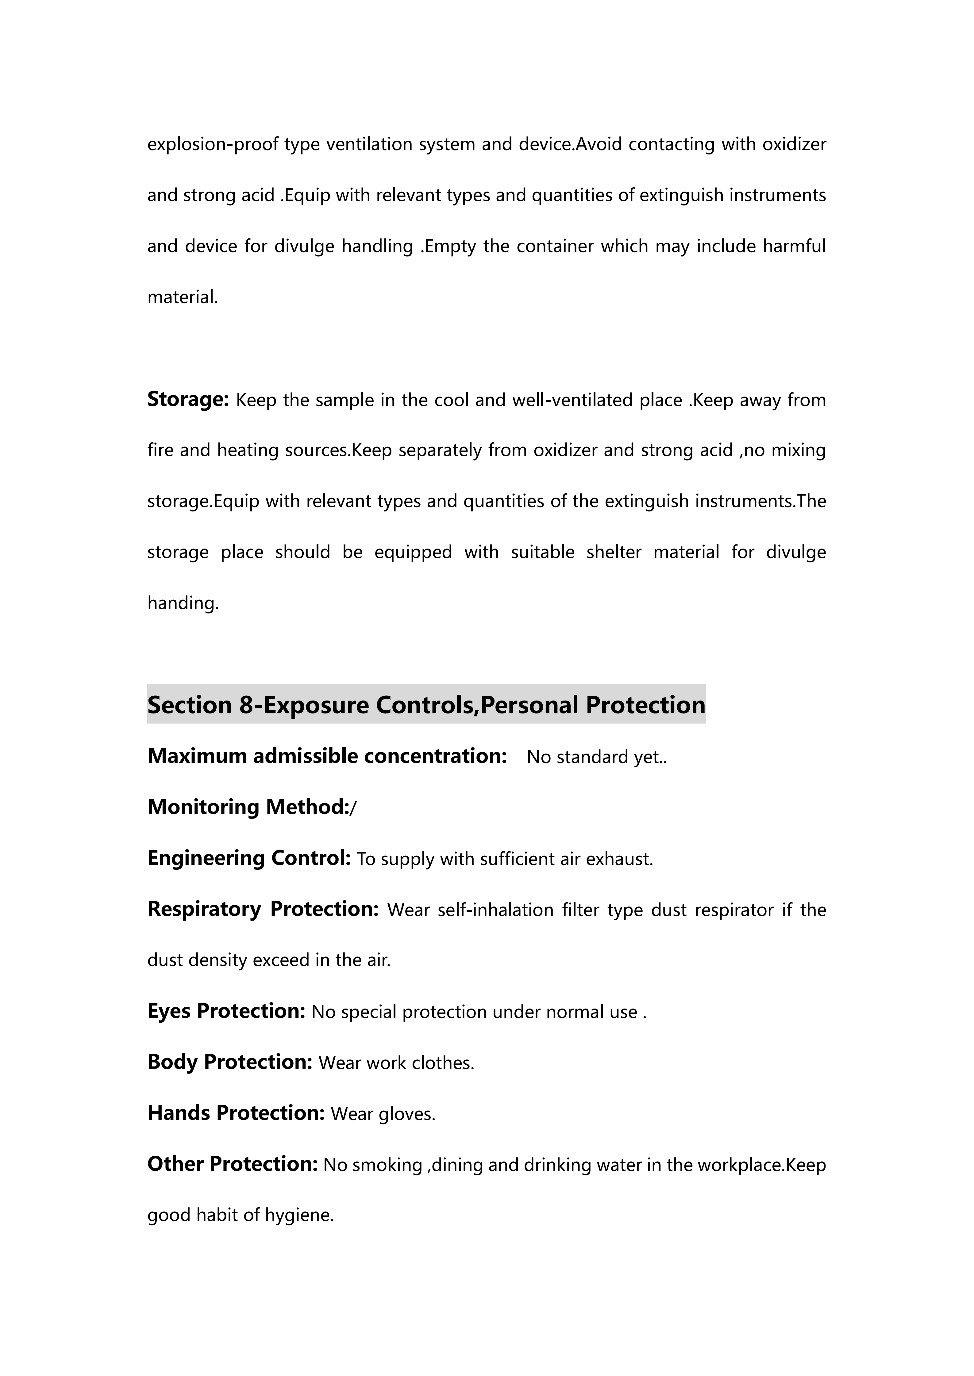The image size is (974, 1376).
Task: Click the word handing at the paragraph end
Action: tap(182, 603)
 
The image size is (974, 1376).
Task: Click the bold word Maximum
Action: tap(197, 756)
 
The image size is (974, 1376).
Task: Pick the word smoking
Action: tap(387, 1165)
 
